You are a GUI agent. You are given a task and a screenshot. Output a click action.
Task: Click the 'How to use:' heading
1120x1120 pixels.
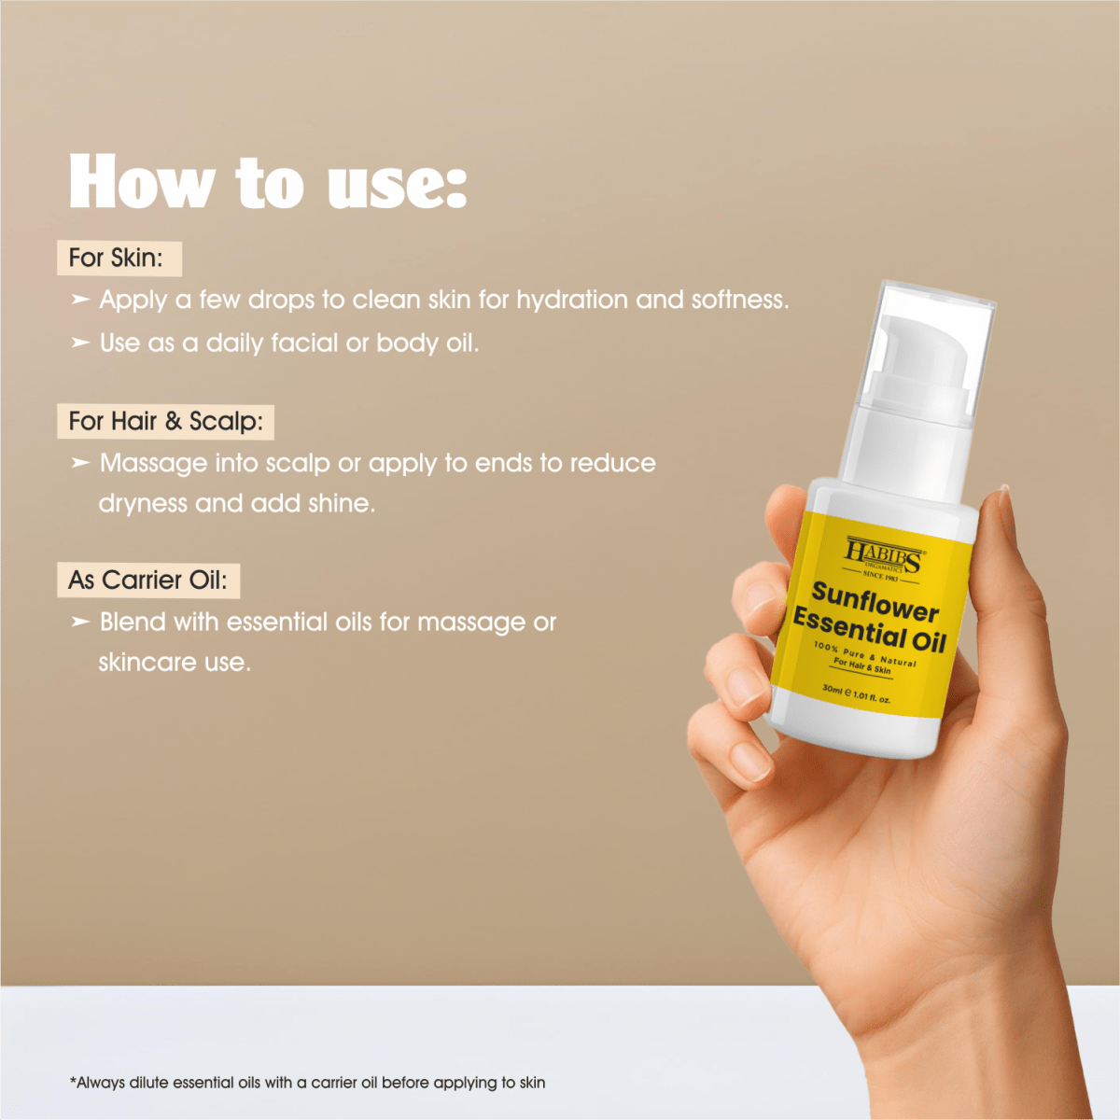click(x=267, y=182)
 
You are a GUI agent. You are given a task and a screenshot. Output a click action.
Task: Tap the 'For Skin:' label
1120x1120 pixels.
click(x=116, y=258)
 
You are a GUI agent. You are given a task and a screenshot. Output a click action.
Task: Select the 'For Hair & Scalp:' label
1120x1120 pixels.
click(x=165, y=421)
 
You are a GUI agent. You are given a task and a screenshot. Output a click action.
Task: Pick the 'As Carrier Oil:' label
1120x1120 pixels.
click(x=147, y=580)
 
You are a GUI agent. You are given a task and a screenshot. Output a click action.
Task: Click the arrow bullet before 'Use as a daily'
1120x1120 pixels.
click(x=80, y=343)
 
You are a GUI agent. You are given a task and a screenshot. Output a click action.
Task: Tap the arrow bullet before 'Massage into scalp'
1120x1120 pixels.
click(x=80, y=463)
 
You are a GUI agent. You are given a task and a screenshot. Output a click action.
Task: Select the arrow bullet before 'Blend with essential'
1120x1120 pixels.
click(x=80, y=622)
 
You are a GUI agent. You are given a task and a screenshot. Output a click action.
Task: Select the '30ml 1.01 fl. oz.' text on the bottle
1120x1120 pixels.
click(x=856, y=693)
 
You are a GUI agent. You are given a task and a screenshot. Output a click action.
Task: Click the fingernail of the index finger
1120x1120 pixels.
click(x=763, y=598)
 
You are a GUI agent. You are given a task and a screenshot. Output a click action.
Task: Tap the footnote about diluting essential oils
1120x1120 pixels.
click(x=307, y=1083)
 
